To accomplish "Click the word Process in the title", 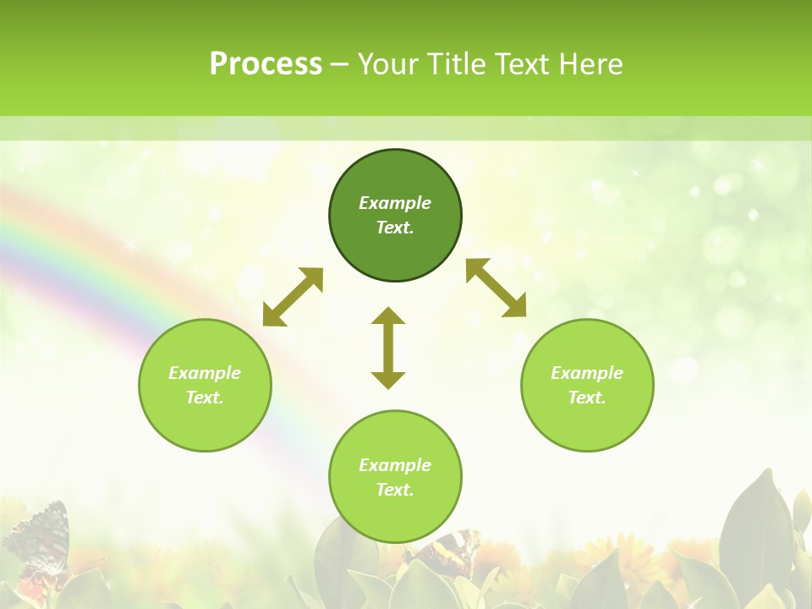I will coord(266,64).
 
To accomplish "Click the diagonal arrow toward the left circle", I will coord(293,297).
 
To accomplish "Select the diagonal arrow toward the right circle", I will coord(497,288).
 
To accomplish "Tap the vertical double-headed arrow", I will coord(388,348).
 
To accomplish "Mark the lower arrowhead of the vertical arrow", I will coord(388,380).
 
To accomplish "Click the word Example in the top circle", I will coord(395,203).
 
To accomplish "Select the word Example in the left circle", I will coord(205,373).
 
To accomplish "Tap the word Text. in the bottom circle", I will coord(395,490).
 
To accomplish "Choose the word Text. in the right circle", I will coord(587,398).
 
